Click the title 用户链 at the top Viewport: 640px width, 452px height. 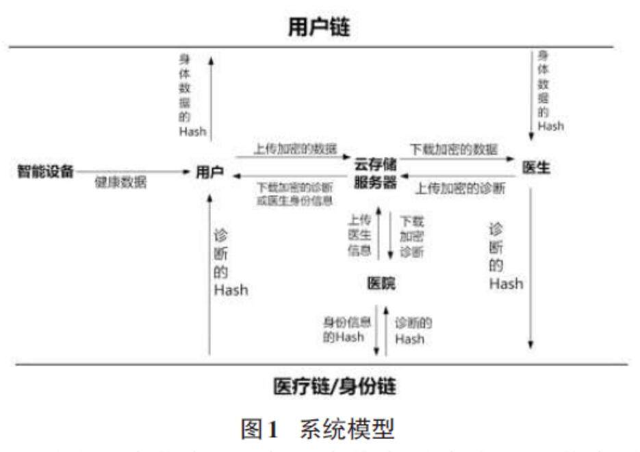click(x=319, y=27)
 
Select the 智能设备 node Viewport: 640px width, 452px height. click(x=45, y=171)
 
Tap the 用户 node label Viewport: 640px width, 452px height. click(x=209, y=173)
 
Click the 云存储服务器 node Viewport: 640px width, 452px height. click(x=375, y=173)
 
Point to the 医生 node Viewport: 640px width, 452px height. click(x=536, y=168)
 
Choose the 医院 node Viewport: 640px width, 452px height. click(x=381, y=283)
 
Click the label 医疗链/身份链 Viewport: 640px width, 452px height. click(x=335, y=387)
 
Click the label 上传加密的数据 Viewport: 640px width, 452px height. click(x=295, y=149)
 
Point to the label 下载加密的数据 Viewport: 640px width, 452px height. click(x=454, y=149)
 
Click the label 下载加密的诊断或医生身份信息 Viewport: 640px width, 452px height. click(x=295, y=194)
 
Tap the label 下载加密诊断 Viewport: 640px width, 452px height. click(x=412, y=236)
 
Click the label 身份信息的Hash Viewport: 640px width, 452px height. click(x=344, y=329)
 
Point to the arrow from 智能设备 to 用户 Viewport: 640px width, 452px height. click(x=137, y=172)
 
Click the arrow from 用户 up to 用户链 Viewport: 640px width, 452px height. click(x=212, y=96)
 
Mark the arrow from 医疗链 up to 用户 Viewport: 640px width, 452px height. click(x=209, y=274)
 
